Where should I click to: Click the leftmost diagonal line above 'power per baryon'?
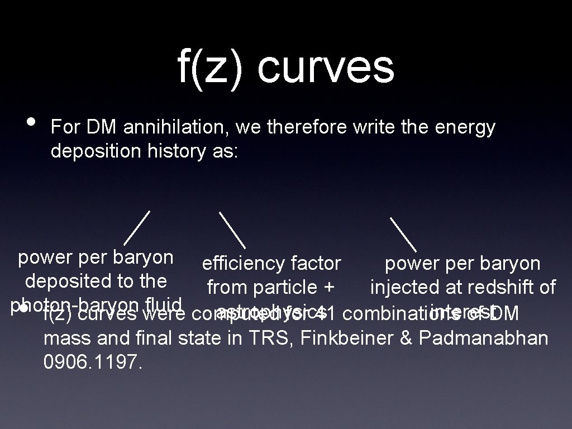pyautogui.click(x=137, y=228)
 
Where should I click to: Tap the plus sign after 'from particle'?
pyautogui.click(x=328, y=288)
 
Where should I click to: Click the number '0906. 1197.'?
pyautogui.click(x=93, y=363)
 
